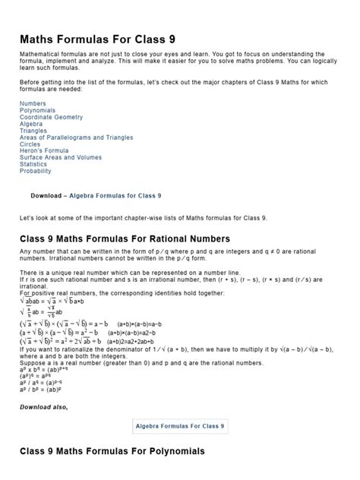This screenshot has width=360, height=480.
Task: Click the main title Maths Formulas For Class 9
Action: (102, 39)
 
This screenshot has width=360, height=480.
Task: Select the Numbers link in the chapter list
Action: (33, 103)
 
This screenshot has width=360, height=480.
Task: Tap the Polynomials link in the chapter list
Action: (38, 110)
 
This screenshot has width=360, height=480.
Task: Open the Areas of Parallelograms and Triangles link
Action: (76, 137)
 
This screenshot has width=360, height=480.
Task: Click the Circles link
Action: (31, 144)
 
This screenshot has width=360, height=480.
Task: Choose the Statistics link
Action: (33, 165)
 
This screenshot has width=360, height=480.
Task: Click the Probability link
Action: (36, 172)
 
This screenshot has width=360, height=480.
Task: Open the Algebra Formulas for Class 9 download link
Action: (115, 195)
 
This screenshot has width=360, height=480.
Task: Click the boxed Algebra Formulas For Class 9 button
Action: (180, 427)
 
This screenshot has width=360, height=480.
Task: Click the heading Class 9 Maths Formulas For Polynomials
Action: (112, 452)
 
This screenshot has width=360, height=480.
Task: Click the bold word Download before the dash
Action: (46, 195)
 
